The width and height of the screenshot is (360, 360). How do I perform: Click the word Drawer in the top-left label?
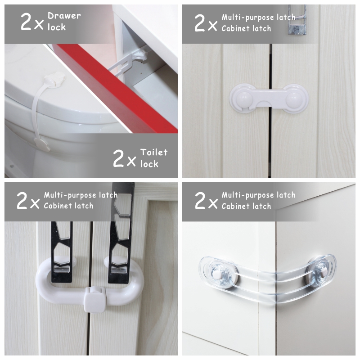click(x=64, y=16)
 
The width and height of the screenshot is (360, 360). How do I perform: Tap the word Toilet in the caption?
click(x=154, y=152)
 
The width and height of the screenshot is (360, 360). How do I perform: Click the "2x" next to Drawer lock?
click(x=32, y=22)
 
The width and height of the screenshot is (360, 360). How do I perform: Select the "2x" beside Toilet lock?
click(x=125, y=158)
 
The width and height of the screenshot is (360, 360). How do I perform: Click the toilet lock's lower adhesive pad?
click(x=42, y=144)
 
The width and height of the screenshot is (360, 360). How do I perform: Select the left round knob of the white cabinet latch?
click(x=244, y=98)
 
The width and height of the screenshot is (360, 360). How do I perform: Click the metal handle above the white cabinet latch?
click(x=296, y=20)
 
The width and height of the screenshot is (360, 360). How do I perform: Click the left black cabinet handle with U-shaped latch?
click(x=62, y=252)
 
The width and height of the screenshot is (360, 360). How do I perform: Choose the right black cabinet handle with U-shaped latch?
click(x=121, y=232)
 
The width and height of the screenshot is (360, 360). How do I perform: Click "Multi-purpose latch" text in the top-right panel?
click(x=258, y=17)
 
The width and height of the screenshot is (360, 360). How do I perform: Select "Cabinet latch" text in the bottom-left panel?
click(x=69, y=206)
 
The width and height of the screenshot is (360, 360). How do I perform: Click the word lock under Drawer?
click(x=57, y=27)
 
